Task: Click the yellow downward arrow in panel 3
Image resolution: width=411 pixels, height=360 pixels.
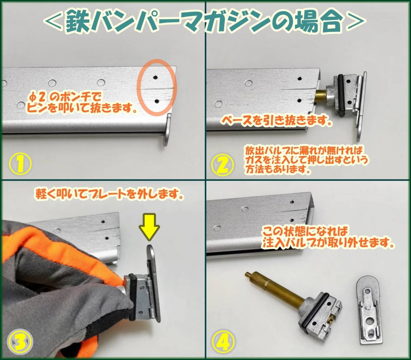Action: (149, 227)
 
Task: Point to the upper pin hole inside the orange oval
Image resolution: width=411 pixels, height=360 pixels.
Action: (155, 77)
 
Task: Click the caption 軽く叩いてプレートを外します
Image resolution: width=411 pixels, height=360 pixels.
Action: (110, 194)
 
